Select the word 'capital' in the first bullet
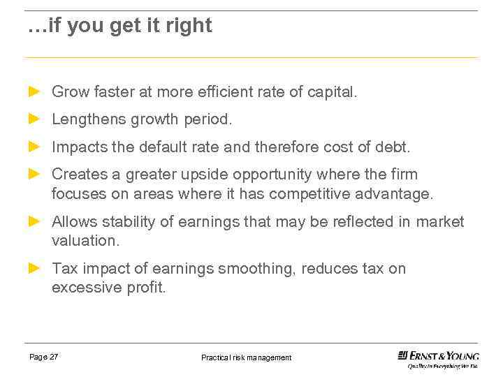click(x=330, y=92)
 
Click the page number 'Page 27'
click(x=44, y=357)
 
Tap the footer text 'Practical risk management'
click(x=246, y=357)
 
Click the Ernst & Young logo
click(x=438, y=358)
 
